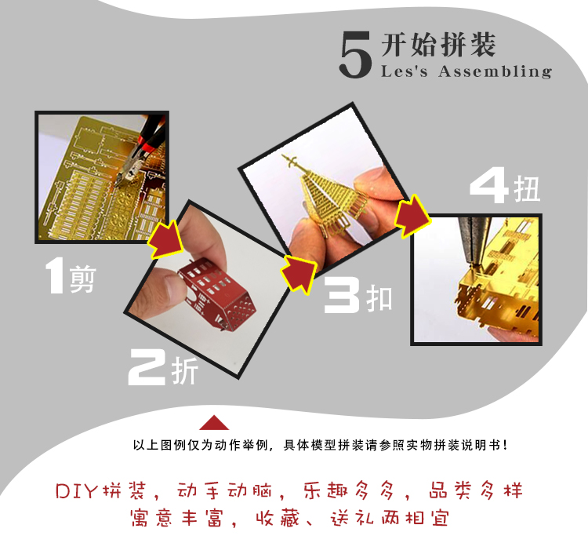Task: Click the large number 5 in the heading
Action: coord(355,55)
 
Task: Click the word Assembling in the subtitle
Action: coord(495,71)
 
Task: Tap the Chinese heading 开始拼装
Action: coord(438,45)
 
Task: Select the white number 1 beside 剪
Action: coord(56,275)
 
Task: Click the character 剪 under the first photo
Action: coord(82,279)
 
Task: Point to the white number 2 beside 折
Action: coord(147,366)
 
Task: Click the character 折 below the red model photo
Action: coord(184,370)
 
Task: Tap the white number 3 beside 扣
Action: coord(342,295)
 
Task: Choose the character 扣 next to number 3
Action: coord(379,298)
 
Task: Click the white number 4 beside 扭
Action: coord(489,185)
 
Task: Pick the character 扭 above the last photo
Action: coord(527,189)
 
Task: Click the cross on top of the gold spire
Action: coord(292,162)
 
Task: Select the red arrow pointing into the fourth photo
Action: coord(412,216)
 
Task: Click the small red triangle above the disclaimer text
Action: coord(214,422)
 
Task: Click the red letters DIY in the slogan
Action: coord(77,491)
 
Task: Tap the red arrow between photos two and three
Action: coord(299,274)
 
